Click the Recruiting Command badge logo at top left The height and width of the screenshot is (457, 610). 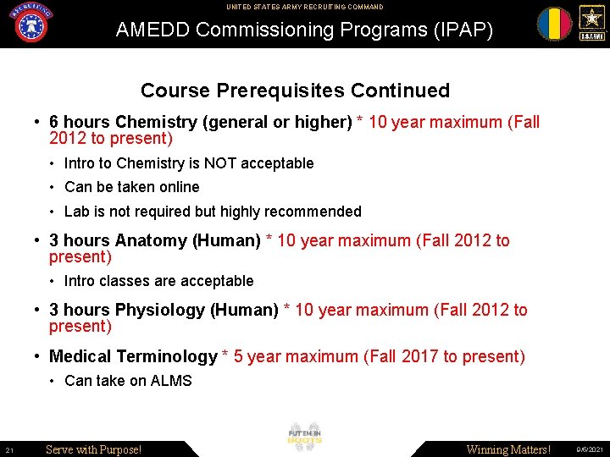click(31, 23)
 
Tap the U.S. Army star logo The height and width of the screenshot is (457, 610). click(591, 23)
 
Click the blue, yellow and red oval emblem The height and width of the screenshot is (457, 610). click(554, 24)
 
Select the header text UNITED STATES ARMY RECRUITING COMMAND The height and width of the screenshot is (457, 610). click(304, 7)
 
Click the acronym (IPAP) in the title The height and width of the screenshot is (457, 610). click(463, 30)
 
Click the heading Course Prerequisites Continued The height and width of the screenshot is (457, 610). click(295, 91)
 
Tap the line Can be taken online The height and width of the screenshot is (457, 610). click(131, 187)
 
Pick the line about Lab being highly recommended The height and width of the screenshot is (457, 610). click(213, 212)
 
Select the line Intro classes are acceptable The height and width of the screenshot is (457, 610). click(158, 281)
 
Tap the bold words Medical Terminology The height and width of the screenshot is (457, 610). click(133, 357)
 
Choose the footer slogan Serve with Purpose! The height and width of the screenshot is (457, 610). click(93, 449)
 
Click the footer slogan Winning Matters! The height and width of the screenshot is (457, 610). click(508, 449)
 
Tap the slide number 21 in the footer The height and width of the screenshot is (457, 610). click(8, 449)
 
